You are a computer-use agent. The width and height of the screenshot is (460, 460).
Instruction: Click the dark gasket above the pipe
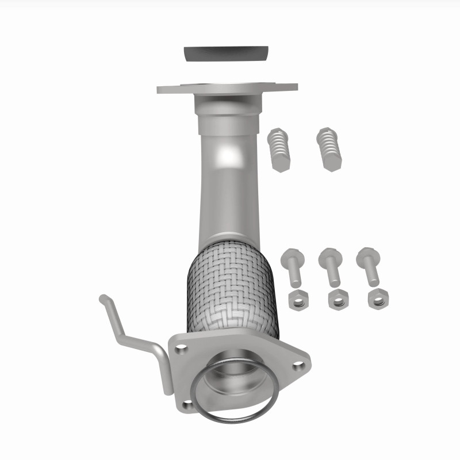tap(227, 54)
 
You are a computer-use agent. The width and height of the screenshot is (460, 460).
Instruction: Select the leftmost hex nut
tap(297, 299)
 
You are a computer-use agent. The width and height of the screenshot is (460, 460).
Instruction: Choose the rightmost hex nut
tap(378, 298)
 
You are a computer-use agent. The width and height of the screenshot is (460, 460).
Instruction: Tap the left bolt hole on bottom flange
tap(182, 347)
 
